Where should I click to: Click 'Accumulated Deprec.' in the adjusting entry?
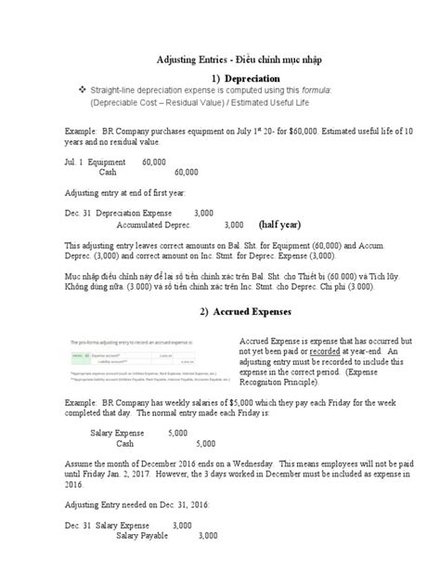tap(154, 225)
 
